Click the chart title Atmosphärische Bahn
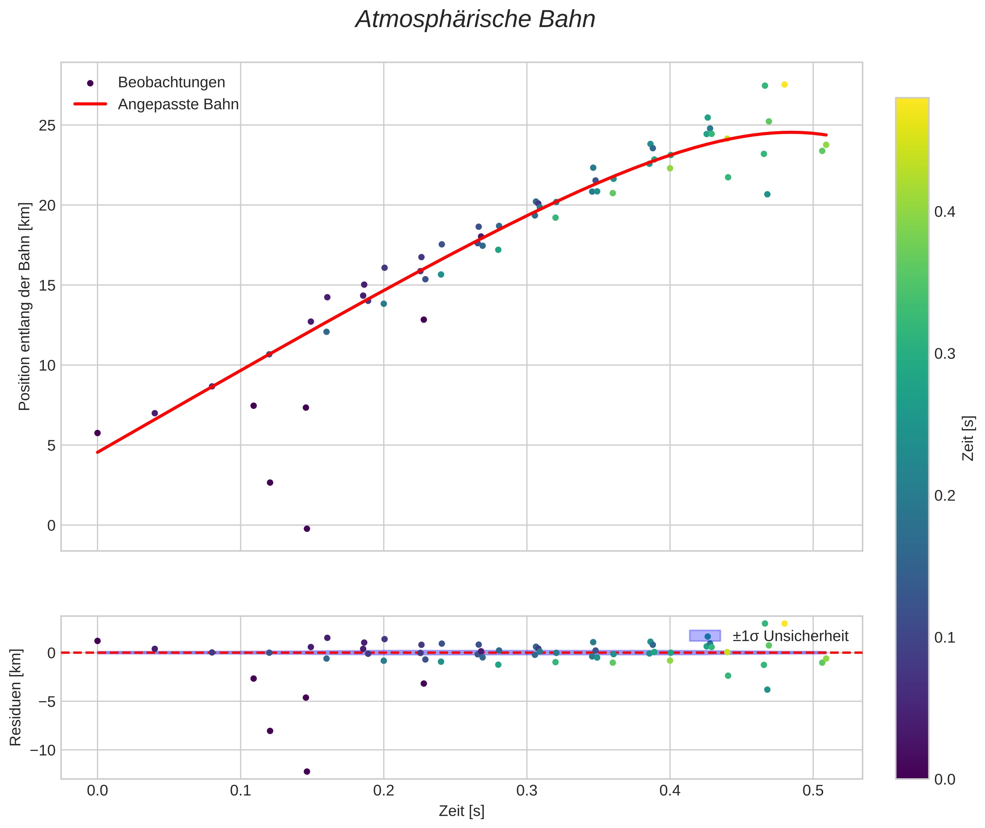pos(475,20)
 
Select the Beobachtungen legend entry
pos(171,83)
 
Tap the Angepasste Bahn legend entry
pos(178,104)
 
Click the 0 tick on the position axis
pos(51,525)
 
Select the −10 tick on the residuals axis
pos(42,751)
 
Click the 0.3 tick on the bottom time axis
pos(527,791)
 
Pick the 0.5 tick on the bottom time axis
pos(813,791)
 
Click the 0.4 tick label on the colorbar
pos(944,212)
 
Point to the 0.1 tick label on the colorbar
pos(944,638)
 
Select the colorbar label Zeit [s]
pos(968,438)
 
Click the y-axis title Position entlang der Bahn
pos(24,306)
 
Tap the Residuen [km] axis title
pos(15,697)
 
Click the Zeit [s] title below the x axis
pos(461,811)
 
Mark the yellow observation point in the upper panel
pos(784,84)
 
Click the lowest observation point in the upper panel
pos(307,529)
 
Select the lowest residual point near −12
pos(307,772)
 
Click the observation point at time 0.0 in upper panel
pos(98,433)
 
